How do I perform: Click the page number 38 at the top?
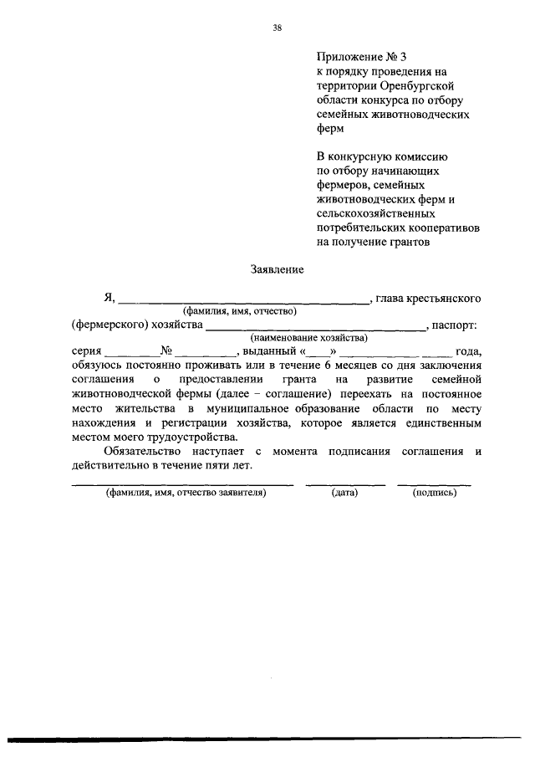tap(277, 28)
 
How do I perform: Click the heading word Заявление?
tap(277, 269)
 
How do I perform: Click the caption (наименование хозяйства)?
tap(309, 338)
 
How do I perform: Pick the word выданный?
tap(269, 352)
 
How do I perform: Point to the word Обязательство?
tap(135, 453)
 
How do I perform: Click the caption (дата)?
tap(344, 494)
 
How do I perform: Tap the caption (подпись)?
tap(434, 494)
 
